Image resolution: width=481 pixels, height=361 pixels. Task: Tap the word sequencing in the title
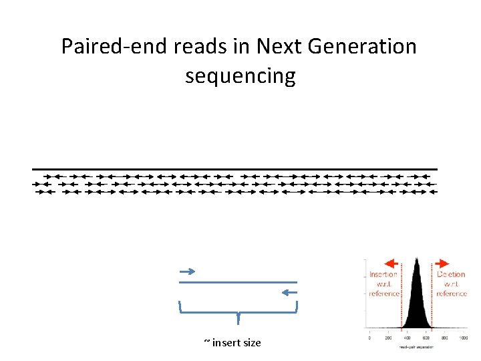tap(240, 76)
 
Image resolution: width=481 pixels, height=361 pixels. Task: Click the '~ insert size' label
tap(232, 343)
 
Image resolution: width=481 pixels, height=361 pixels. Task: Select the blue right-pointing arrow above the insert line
tap(187, 271)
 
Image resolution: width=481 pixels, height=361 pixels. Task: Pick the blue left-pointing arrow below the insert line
tap(289, 292)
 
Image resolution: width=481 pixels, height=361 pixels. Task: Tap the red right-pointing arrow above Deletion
tap(442, 264)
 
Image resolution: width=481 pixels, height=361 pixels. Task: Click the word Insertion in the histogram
tap(383, 275)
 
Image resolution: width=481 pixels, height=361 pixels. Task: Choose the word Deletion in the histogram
tap(451, 275)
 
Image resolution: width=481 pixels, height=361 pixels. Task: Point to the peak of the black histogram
tap(416, 259)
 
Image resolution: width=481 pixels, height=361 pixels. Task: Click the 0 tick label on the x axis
tap(369, 338)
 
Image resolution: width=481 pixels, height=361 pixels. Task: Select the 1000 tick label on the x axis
tap(463, 338)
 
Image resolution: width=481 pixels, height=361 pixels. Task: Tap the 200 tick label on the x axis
tap(388, 338)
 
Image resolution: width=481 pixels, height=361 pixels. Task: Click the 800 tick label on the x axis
tap(444, 338)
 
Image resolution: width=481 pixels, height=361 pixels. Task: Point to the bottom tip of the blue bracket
tap(238, 323)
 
